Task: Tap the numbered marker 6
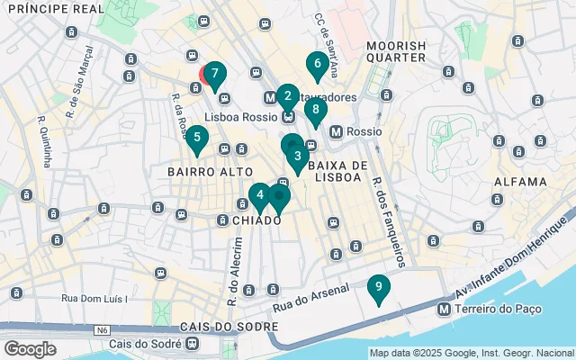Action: [315, 64]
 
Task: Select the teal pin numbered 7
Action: [214, 75]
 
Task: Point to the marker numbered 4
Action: [259, 194]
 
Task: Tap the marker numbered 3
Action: [297, 156]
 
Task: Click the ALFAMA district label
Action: [519, 182]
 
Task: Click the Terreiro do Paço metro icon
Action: [444, 309]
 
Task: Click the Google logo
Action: [31, 349]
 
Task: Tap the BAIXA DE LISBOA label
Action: [338, 171]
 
